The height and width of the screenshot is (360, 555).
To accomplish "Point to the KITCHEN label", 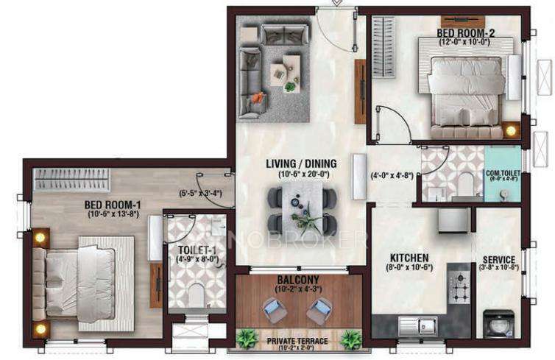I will (409, 258).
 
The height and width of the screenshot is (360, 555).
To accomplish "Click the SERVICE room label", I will (498, 260).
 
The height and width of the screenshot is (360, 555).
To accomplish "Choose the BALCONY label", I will (299, 280).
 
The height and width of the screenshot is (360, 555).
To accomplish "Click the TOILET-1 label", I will (194, 250).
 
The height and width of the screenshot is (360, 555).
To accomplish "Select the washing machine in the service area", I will (498, 324).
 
